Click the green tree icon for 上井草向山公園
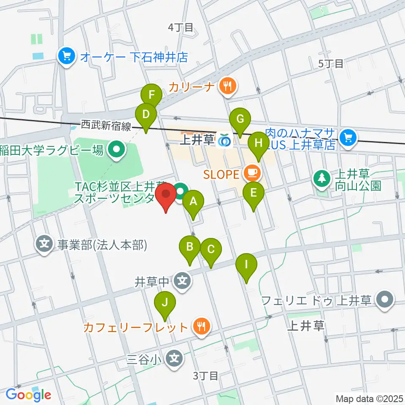pyautogui.click(x=322, y=178)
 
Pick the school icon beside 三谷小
pyautogui.click(x=174, y=359)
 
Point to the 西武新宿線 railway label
pyautogui.click(x=107, y=125)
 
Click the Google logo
pyautogui.click(x=28, y=395)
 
